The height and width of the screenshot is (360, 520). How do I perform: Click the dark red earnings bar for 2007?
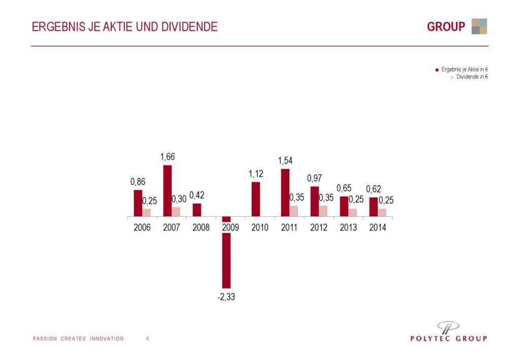pos(167,191)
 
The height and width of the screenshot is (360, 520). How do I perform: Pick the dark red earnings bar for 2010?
pos(256,200)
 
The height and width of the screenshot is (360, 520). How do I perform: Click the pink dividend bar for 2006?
pos(146,213)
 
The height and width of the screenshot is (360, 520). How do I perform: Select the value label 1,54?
pos(285,160)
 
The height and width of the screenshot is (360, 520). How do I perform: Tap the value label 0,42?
pos(197,195)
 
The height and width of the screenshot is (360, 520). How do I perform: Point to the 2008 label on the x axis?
pos(201,227)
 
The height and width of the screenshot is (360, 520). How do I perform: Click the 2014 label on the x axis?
pos(377,227)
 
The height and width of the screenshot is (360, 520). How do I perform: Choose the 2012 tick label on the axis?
pos(318,227)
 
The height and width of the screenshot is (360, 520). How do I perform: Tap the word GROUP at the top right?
pos(446,27)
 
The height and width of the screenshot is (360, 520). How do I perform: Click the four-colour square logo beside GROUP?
pos(479,26)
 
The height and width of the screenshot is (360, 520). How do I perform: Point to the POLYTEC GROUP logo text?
pos(448,338)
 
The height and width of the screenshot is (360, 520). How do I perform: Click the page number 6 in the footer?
pos(147,339)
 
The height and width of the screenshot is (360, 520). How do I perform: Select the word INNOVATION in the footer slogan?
pos(107,339)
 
